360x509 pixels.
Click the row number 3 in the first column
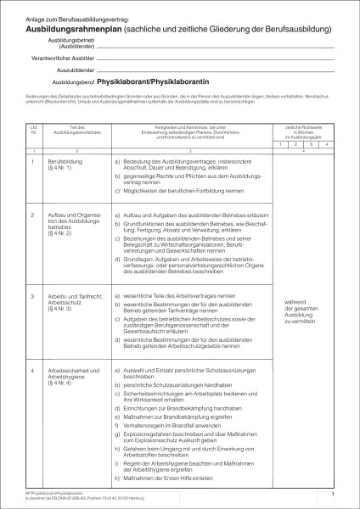coord(32,295)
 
